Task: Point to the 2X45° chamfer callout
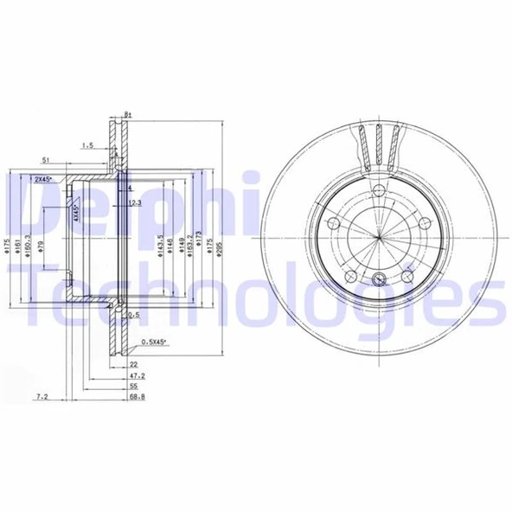pos(42,178)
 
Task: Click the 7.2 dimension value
pos(42,396)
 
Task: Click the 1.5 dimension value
pos(87,145)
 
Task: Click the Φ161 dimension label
pos(21,251)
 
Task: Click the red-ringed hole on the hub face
pos(381,279)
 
